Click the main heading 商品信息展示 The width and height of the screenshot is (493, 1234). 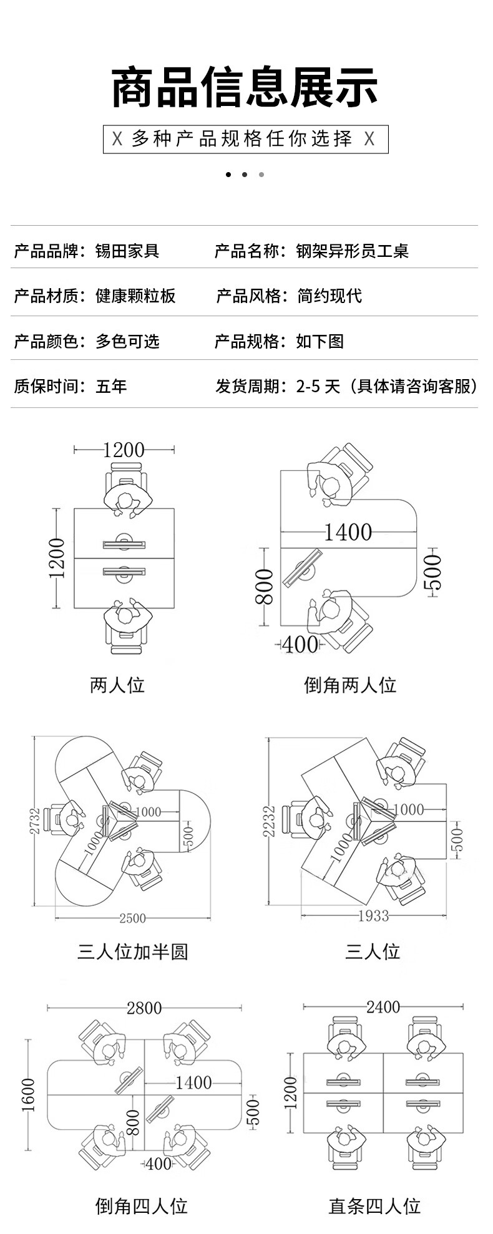[245, 87]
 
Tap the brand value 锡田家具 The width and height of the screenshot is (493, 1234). [127, 251]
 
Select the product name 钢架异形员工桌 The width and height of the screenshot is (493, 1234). [352, 251]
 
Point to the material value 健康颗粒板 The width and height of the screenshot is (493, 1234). [135, 296]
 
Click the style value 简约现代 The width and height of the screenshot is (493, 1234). [329, 296]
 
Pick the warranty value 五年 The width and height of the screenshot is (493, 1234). [111, 386]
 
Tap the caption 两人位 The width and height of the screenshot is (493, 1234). [117, 685]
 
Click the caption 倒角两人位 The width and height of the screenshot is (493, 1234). [350, 685]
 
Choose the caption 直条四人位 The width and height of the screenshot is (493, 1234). [374, 1206]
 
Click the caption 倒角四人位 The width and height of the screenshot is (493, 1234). [142, 1206]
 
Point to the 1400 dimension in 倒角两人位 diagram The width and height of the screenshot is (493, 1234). [348, 532]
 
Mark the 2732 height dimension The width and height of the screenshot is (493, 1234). [35, 821]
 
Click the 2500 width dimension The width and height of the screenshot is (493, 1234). [132, 918]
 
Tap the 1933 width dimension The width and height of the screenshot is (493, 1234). [374, 915]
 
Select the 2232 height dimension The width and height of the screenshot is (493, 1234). [270, 821]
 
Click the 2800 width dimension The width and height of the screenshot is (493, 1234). [144, 1008]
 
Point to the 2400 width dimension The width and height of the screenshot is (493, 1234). [383, 1007]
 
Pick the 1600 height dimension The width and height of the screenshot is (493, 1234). [29, 1094]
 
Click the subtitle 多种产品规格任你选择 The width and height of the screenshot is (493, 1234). [245, 138]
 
